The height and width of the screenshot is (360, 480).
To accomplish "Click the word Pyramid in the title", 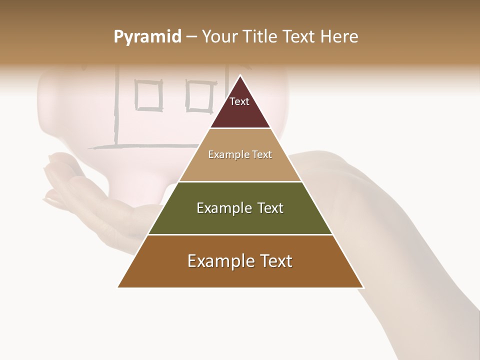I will pos(147,37).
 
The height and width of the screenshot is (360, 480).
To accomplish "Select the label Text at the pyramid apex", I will pos(239,101).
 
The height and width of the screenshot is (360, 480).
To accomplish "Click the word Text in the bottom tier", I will pos(275,261).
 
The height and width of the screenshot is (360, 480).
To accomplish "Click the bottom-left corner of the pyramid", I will pos(118,287).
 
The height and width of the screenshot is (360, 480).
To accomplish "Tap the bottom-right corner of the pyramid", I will pos(363,287).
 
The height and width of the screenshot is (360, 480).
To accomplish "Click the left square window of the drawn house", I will pos(148,95).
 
